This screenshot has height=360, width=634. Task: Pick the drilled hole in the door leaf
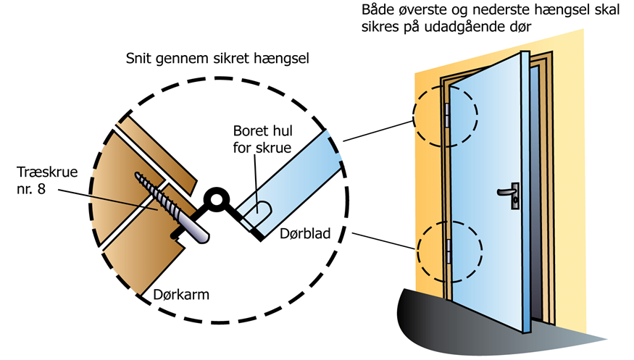[x=258, y=214]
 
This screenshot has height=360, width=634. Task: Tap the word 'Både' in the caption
[x=377, y=12]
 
